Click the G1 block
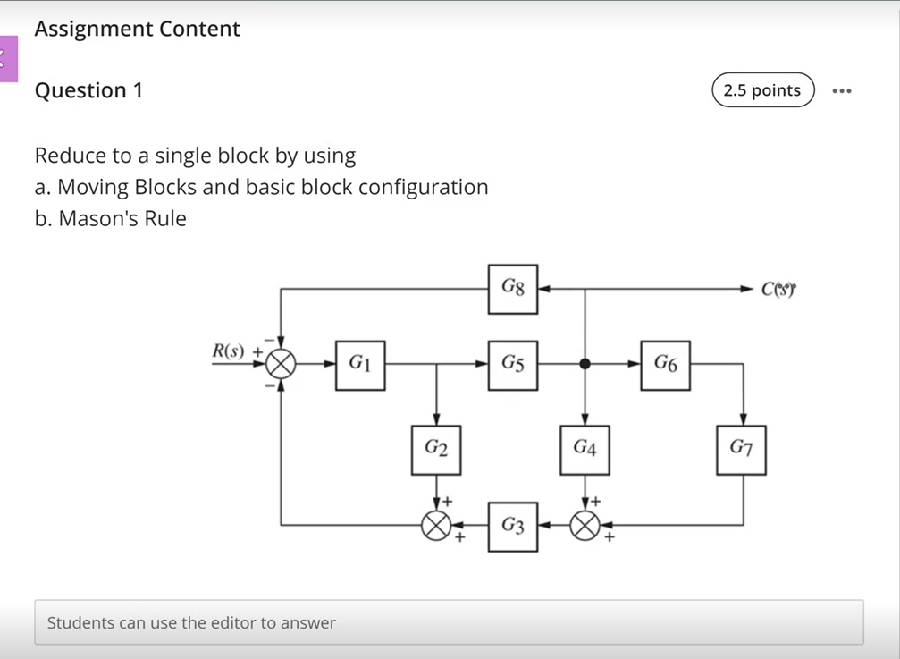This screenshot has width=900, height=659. (x=360, y=365)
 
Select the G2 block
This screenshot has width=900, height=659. (x=435, y=450)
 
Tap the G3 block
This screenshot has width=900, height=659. (x=513, y=526)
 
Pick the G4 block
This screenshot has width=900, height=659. (x=585, y=450)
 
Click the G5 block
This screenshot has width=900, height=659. (x=513, y=365)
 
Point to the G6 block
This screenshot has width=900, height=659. (x=665, y=365)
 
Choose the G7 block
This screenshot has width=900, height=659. (x=741, y=450)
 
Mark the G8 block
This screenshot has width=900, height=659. (x=513, y=289)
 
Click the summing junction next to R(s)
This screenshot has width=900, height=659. (x=282, y=365)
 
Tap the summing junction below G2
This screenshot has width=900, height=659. (x=435, y=526)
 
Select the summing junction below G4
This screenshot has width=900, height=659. (x=585, y=526)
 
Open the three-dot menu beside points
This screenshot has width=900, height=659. (x=841, y=91)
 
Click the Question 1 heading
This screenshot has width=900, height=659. (x=88, y=90)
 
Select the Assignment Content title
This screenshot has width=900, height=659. (x=137, y=29)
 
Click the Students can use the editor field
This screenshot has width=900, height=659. (x=449, y=622)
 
